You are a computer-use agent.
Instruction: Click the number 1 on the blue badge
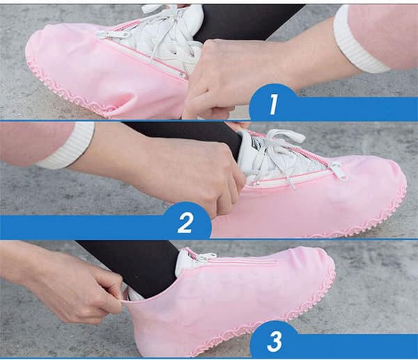coord(274,104)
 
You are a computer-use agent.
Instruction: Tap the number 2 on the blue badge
coord(185,222)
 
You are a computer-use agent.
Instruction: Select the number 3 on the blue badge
coord(274,341)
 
